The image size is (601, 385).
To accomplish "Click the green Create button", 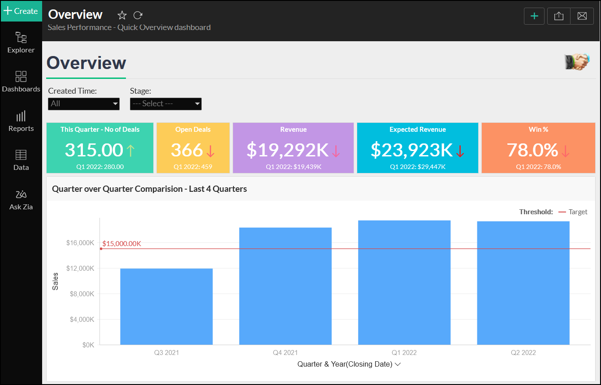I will click(21, 11).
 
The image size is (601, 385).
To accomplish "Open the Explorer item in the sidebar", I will click(21, 42).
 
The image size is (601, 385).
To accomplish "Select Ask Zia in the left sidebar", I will click(21, 200).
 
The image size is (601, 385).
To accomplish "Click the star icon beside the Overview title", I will click(122, 15).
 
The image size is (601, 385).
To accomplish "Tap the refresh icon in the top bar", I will click(138, 15).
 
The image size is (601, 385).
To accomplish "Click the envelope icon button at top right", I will click(582, 16).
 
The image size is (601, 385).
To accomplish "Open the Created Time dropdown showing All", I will click(84, 104).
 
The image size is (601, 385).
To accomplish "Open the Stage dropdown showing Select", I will click(166, 104).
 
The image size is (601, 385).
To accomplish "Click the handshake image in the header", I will click(577, 62).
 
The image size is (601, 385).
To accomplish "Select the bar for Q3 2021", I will click(166, 307).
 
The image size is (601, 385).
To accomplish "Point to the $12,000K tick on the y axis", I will click(80, 268).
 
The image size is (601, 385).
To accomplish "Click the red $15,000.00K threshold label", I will click(122, 244).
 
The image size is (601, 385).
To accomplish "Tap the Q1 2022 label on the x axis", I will click(404, 353).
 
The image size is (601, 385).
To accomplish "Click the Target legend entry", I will click(578, 212).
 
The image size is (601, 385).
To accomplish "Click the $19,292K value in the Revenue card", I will click(288, 150).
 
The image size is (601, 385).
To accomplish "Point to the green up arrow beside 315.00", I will click(130, 150).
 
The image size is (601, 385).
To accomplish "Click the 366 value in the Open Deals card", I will click(187, 150).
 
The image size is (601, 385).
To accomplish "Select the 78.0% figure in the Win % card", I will click(532, 150).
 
